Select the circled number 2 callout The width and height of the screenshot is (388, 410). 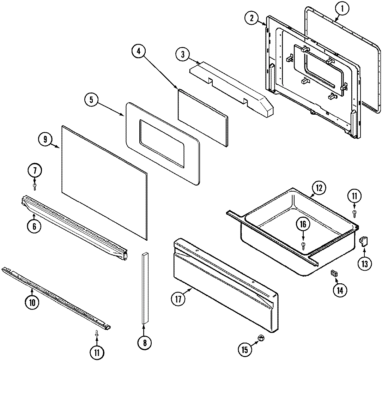[x=251, y=19]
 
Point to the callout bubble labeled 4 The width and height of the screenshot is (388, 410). [x=139, y=50]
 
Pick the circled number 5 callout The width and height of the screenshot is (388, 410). [x=91, y=100]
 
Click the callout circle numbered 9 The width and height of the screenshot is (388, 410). [x=45, y=139]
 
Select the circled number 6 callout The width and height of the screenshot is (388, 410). [x=34, y=226]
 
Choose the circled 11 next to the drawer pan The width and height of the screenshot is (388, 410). [x=354, y=195]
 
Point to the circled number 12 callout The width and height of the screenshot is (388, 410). [x=319, y=188]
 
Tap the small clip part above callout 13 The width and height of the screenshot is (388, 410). [x=363, y=241]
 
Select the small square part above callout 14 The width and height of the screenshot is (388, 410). [x=333, y=273]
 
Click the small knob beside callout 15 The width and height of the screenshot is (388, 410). [x=261, y=338]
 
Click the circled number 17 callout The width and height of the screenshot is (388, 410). [x=178, y=299]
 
